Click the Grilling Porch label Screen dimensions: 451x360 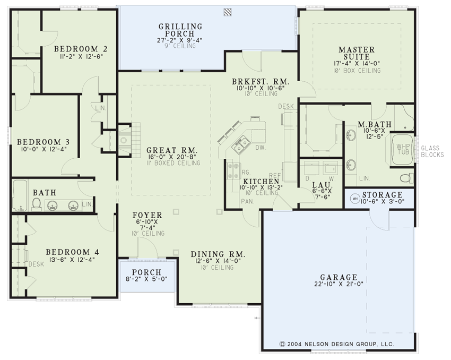180,30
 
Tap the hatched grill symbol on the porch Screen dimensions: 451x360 228,12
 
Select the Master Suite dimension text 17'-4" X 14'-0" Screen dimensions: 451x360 357,64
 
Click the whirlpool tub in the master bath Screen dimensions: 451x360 403,150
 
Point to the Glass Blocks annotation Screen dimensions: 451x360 432,151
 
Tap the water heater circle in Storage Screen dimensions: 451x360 355,199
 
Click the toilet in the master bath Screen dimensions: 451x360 407,178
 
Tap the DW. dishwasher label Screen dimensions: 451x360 261,148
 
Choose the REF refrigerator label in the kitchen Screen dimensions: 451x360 275,176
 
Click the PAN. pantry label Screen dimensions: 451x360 248,202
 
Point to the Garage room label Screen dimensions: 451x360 339,277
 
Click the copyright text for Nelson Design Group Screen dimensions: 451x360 337,344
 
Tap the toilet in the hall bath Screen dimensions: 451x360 36,204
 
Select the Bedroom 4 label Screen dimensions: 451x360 73,252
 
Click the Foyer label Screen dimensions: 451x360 148,215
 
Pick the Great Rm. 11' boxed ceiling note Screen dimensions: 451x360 172,163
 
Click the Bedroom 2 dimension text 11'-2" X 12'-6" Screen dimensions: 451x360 81,56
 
